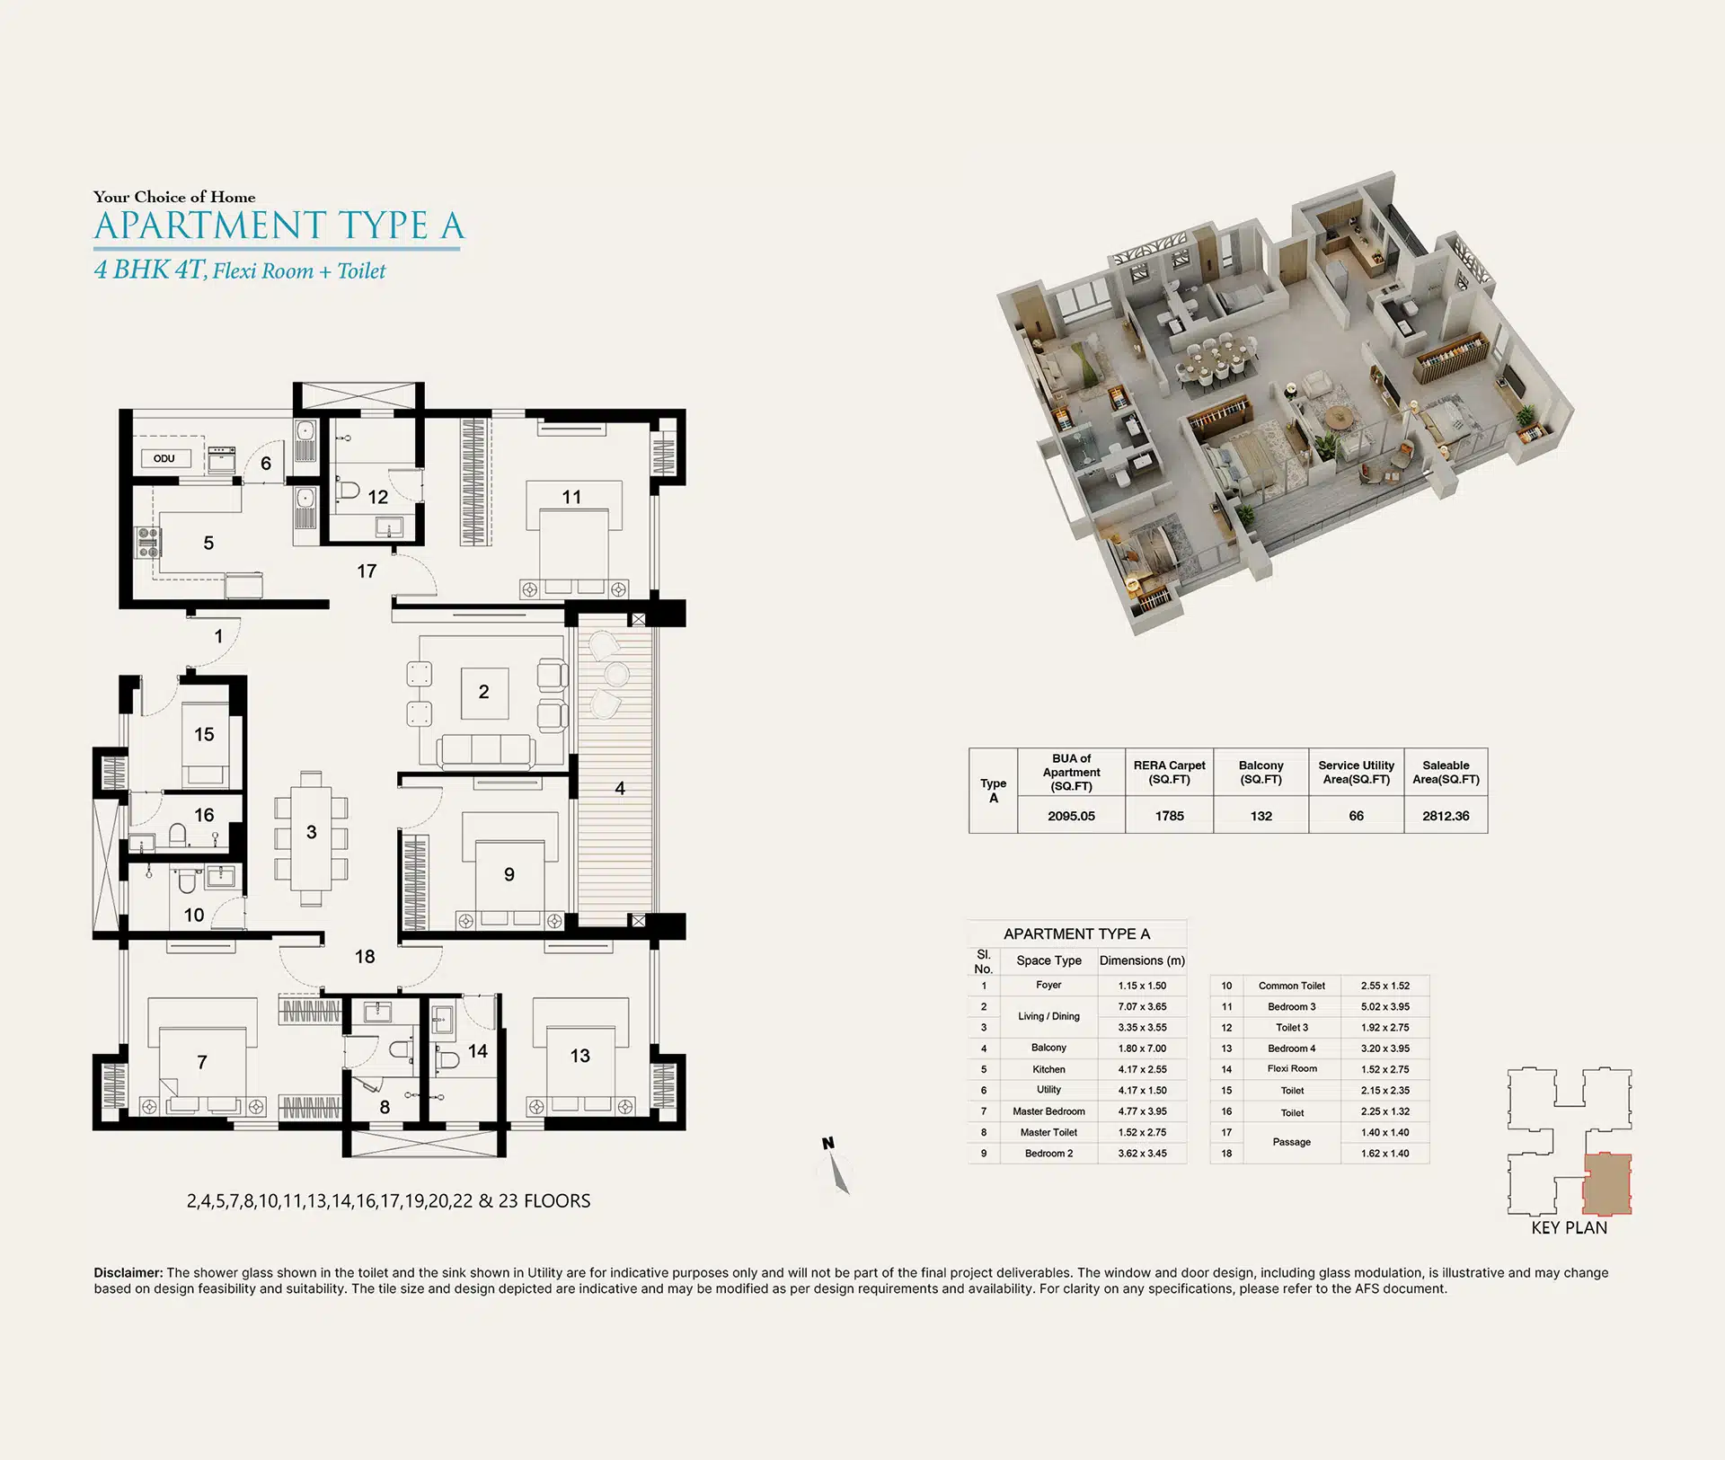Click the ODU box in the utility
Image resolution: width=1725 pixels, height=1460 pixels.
(x=164, y=458)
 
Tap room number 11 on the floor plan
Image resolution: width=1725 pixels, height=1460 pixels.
(x=571, y=497)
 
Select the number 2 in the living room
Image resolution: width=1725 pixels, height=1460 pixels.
(x=483, y=692)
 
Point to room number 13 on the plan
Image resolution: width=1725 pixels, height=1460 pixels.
(x=579, y=1056)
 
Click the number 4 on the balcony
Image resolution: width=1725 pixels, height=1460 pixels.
(x=620, y=788)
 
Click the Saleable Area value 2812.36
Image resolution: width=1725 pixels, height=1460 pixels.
(x=1446, y=816)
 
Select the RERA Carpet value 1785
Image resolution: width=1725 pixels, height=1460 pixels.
(x=1169, y=816)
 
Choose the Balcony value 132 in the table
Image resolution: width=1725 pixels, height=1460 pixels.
(x=1261, y=816)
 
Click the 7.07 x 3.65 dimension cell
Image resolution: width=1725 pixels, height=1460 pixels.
(x=1142, y=1006)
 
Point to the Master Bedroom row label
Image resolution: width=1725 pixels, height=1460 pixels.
(x=1048, y=1111)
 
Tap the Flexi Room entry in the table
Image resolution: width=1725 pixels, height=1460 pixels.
(x=1292, y=1069)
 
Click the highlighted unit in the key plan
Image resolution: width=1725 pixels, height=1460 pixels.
(x=1606, y=1184)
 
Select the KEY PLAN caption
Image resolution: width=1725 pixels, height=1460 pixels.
(x=1569, y=1228)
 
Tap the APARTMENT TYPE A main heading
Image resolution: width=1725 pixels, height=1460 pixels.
(x=279, y=226)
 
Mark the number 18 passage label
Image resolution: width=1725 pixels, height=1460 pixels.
(x=364, y=957)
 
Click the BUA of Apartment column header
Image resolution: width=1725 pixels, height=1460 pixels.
(x=1071, y=772)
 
